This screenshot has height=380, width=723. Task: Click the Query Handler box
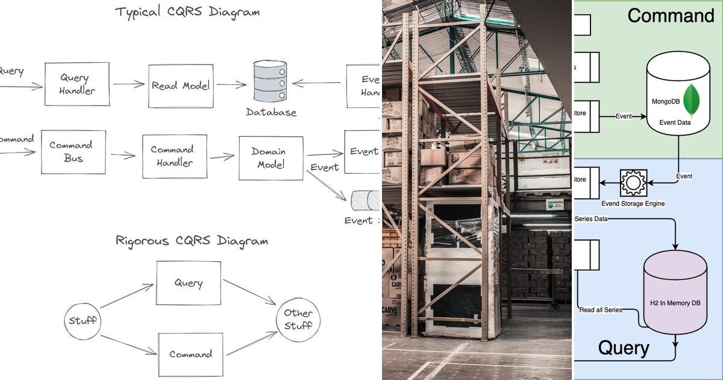pyautogui.click(x=77, y=84)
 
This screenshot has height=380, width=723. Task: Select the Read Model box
pyautogui.click(x=181, y=86)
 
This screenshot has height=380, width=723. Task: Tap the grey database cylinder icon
pyautogui.click(x=270, y=81)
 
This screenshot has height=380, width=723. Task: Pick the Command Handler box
pyautogui.click(x=172, y=156)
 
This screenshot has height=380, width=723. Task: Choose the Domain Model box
pyautogui.click(x=271, y=158)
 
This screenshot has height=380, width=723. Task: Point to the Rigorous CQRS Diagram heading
pyautogui.click(x=192, y=241)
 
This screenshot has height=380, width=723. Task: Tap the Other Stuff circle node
pyautogui.click(x=298, y=320)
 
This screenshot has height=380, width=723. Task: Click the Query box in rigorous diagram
pyautogui.click(x=189, y=283)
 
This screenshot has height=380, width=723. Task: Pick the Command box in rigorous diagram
pyautogui.click(x=190, y=354)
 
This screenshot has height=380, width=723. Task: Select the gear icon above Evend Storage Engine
pyautogui.click(x=633, y=182)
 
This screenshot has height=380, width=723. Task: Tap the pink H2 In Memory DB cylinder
pyautogui.click(x=675, y=293)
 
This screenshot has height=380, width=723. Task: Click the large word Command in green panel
pyautogui.click(x=670, y=16)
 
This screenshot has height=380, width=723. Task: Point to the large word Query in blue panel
pyautogui.click(x=624, y=348)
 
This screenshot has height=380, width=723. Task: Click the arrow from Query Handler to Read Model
pyautogui.click(x=129, y=84)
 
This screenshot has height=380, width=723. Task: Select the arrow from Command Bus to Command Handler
pyautogui.click(x=123, y=155)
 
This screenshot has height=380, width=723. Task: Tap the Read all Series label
pyautogui.click(x=600, y=310)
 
